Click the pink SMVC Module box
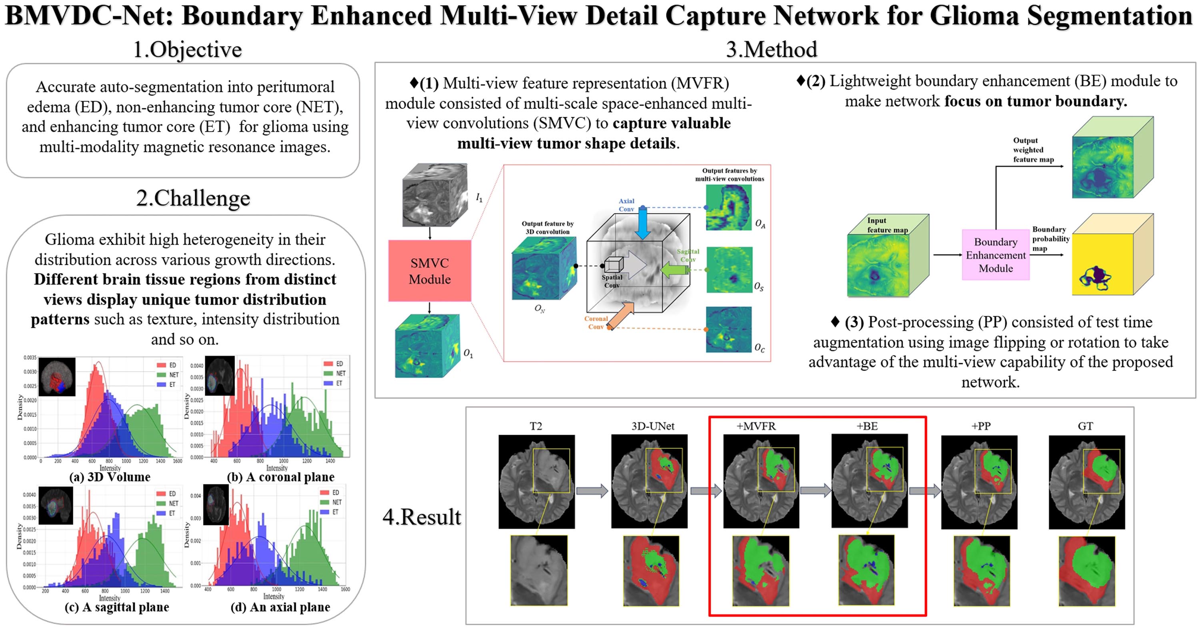coord(429,271)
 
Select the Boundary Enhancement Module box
coord(996,255)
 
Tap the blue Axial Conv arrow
coord(642,222)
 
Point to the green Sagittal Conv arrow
coord(674,270)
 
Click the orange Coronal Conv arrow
coord(621,315)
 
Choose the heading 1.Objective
coord(187,49)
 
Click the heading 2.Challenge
coord(193,198)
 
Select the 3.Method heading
coord(772,49)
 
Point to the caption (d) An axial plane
coord(280,607)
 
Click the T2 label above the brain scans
coord(536,426)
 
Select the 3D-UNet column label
coord(653,426)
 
